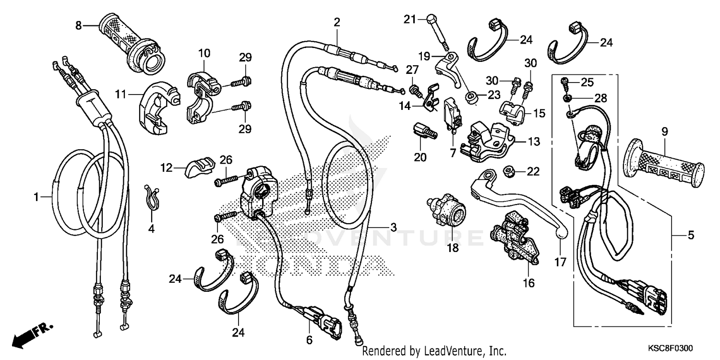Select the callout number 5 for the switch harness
point(691,235)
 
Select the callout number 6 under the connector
point(309,340)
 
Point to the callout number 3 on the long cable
point(393,228)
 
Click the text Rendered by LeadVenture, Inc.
point(434,351)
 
